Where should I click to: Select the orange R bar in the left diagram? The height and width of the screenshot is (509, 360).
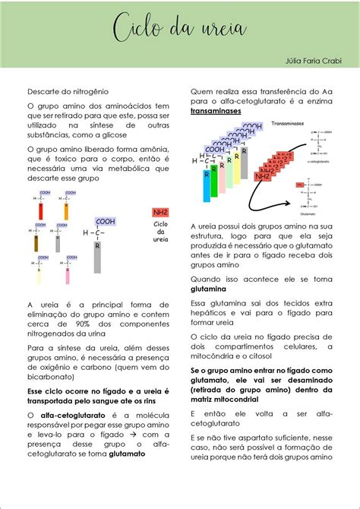66,210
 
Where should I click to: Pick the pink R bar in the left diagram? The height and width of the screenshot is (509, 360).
67,276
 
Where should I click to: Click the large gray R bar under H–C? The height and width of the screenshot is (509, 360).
97,254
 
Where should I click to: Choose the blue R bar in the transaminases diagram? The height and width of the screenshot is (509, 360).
206,182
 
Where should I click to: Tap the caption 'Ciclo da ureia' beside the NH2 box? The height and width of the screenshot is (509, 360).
160,232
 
